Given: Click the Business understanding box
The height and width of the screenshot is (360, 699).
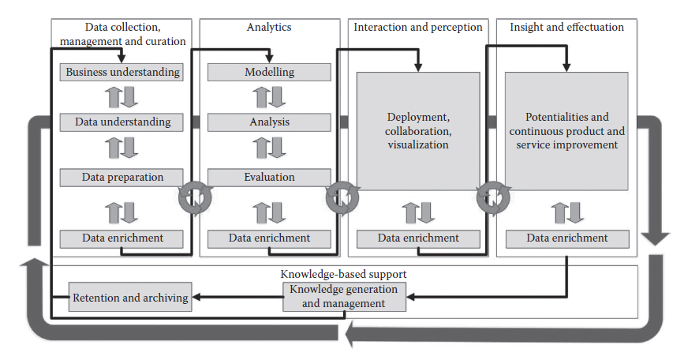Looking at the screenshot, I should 121,73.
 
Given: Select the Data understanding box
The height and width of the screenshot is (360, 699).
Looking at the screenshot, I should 121,122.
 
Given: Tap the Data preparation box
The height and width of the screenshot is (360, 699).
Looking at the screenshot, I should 121,177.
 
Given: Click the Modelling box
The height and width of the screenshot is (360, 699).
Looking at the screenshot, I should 269,73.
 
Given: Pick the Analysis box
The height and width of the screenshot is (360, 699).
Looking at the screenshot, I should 269,122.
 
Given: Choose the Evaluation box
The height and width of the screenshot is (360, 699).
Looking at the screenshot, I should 269,177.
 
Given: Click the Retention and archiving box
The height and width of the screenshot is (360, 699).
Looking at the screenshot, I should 130,298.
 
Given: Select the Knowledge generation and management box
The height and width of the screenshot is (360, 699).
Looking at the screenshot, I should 346,296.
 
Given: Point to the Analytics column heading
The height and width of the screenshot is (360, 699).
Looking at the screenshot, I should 268,28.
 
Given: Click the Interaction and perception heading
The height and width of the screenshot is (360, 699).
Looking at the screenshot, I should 417,28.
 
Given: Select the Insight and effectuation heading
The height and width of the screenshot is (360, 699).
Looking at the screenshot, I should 566,28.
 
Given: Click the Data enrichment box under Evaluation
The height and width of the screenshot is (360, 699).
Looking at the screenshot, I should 269,238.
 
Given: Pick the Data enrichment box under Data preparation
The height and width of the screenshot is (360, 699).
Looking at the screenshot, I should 121,238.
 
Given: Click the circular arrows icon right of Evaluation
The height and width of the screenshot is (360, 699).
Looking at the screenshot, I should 342,198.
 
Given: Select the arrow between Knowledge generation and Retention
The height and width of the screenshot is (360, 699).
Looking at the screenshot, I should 237,298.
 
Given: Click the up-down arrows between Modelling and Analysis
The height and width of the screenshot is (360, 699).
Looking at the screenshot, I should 269,97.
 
